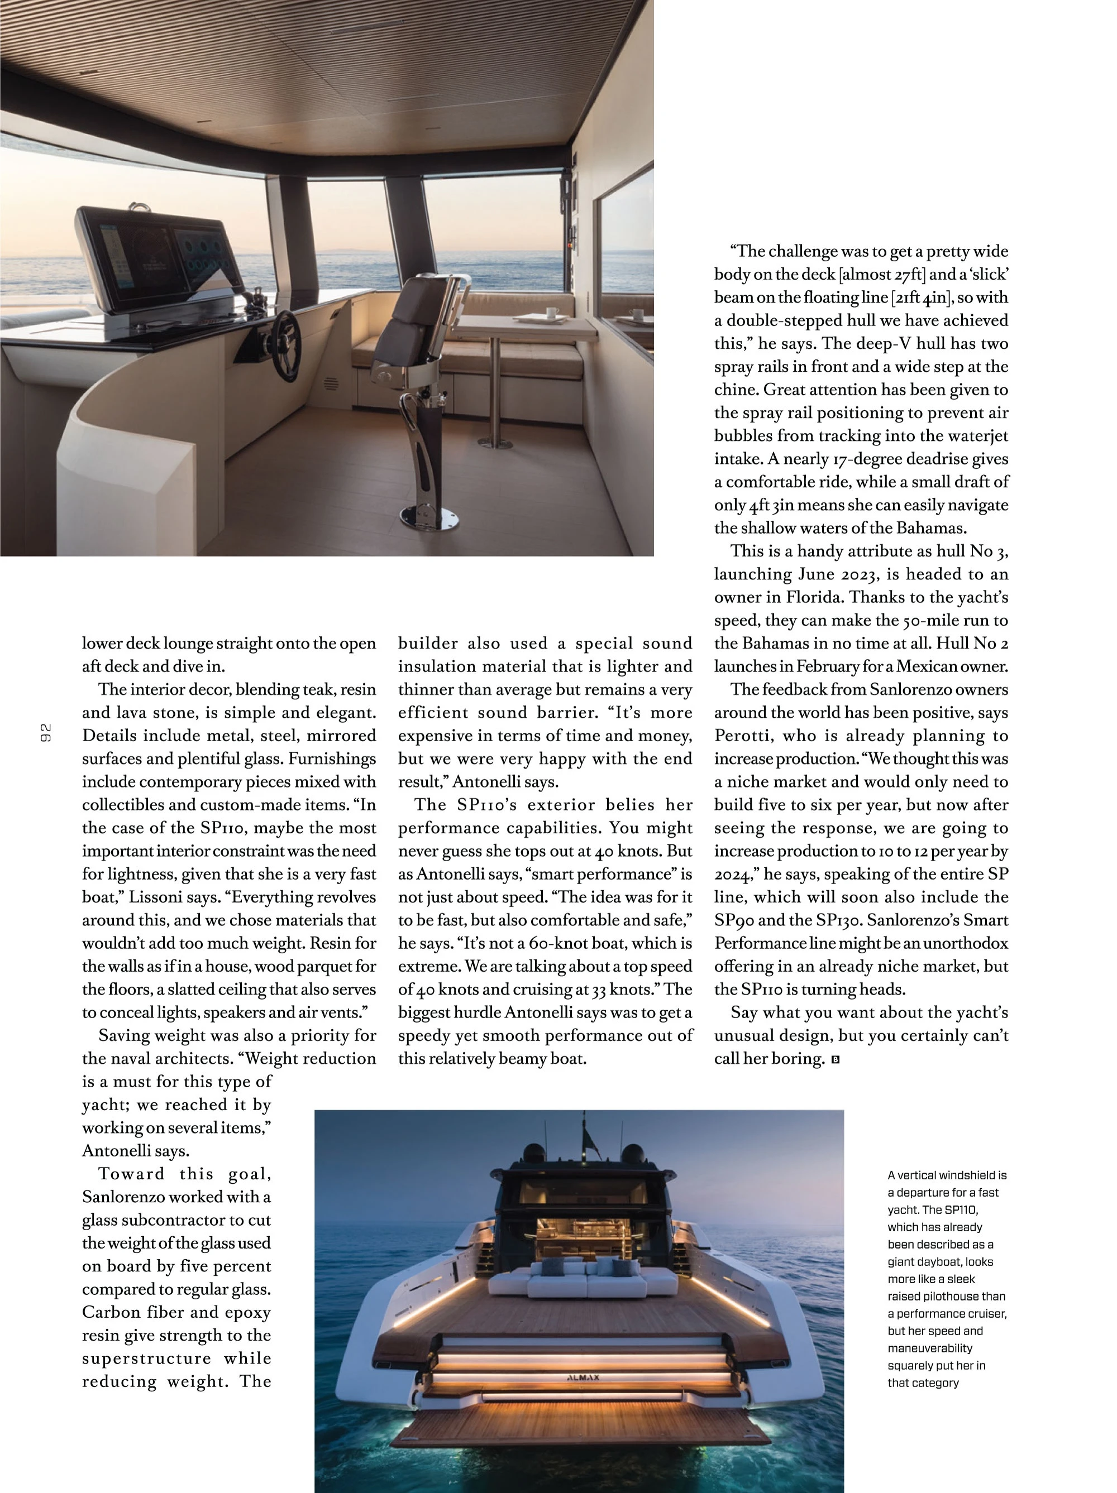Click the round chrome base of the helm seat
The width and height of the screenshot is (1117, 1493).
coord(438,519)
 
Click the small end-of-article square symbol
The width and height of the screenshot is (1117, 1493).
coord(836,1060)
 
